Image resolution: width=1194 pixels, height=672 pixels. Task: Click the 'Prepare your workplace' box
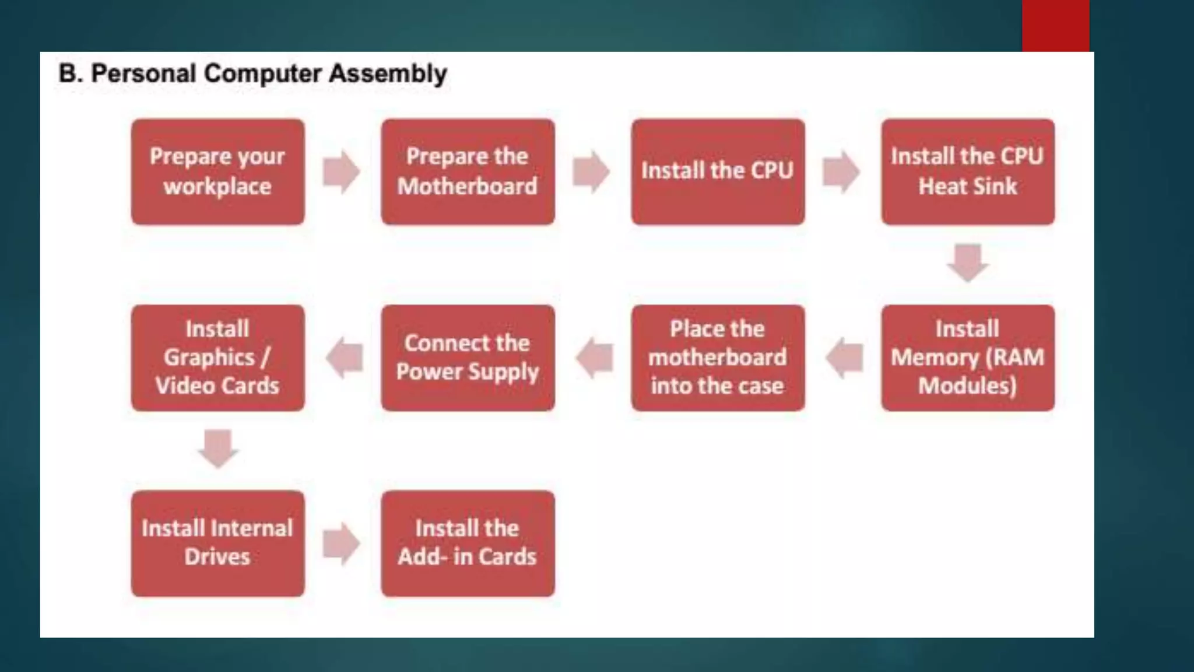(x=217, y=172)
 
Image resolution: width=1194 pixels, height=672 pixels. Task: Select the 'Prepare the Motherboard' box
(x=468, y=172)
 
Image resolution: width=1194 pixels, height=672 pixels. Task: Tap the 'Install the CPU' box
(x=718, y=172)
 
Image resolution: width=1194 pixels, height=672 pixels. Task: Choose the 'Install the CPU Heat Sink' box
(x=968, y=172)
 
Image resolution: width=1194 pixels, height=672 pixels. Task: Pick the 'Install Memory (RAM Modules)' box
(x=968, y=358)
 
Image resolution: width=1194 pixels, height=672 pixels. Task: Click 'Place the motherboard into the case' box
(x=718, y=358)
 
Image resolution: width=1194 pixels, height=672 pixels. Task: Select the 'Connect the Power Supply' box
(x=468, y=358)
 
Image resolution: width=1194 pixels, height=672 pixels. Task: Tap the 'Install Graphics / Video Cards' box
(x=217, y=358)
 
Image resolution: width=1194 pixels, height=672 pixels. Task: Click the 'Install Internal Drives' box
(x=217, y=543)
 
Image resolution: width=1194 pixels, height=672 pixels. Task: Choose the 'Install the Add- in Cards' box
(x=468, y=543)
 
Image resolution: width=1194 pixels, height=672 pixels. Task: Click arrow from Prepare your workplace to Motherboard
(x=342, y=172)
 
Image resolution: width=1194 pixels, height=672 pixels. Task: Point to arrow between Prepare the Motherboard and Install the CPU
(x=591, y=172)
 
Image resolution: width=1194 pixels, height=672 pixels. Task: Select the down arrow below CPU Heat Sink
(x=968, y=263)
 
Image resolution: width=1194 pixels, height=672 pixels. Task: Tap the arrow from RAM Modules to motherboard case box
(x=844, y=358)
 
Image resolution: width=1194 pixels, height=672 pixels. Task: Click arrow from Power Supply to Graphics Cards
(x=344, y=358)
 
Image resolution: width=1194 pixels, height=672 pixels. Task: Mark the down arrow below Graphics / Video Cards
(x=218, y=449)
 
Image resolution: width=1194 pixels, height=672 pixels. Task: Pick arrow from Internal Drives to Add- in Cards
(x=342, y=544)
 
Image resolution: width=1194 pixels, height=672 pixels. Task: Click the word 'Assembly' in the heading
(x=388, y=74)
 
